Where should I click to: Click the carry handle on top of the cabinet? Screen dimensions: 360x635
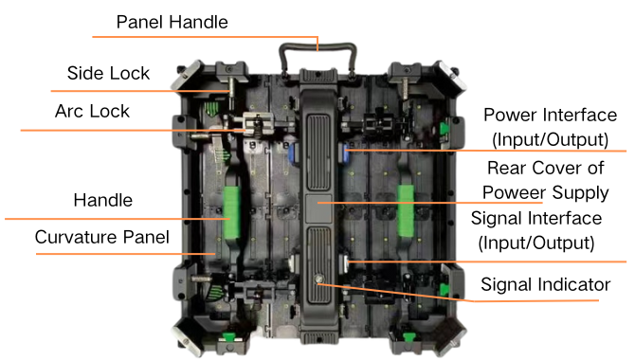tap(317, 46)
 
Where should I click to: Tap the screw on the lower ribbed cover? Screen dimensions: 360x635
tap(317, 283)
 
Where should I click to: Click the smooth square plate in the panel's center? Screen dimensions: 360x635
tap(317, 205)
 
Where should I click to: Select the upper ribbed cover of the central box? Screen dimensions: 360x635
tap(317, 143)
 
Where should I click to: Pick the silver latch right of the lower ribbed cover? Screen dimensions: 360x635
tap(347, 261)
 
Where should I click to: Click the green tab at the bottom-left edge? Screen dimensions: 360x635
tap(227, 336)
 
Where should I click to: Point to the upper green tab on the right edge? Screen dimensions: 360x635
tap(443, 128)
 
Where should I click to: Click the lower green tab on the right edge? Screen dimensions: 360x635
tap(443, 286)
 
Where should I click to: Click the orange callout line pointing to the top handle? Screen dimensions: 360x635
tap(204, 38)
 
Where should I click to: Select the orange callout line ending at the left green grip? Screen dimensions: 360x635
tap(114, 219)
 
